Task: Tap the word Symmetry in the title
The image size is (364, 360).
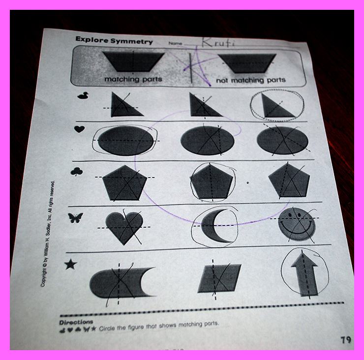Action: pyautogui.click(x=132, y=41)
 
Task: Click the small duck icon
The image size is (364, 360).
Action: pyautogui.click(x=83, y=95)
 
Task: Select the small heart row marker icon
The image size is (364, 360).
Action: pyautogui.click(x=79, y=129)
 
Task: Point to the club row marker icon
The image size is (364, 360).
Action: pyautogui.click(x=77, y=172)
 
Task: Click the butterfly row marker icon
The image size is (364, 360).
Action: pyautogui.click(x=75, y=218)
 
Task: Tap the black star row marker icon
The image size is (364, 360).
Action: pyautogui.click(x=71, y=265)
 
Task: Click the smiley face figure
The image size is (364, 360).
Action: pyautogui.click(x=297, y=224)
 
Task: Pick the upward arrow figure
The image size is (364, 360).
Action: pyautogui.click(x=304, y=274)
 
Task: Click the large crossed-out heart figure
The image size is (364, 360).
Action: pyautogui.click(x=124, y=228)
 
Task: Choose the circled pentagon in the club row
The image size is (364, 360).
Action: pyautogui.click(x=211, y=181)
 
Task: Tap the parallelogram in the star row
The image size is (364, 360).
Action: pyautogui.click(x=219, y=278)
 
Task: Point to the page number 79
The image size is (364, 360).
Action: pyautogui.click(x=346, y=340)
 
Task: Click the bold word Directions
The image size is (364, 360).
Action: pyautogui.click(x=76, y=323)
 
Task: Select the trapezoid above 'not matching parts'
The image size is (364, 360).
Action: pyautogui.click(x=247, y=63)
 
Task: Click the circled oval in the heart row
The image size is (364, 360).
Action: pyautogui.click(x=125, y=141)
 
